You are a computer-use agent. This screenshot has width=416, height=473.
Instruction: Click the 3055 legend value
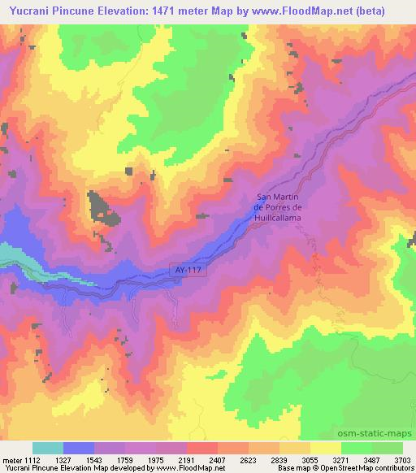click(x=310, y=459)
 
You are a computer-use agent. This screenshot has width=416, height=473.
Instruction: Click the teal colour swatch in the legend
click(x=48, y=448)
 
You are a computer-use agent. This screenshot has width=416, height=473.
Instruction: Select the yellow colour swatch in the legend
click(x=326, y=448)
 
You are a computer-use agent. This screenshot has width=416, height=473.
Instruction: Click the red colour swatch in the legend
click(x=202, y=448)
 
